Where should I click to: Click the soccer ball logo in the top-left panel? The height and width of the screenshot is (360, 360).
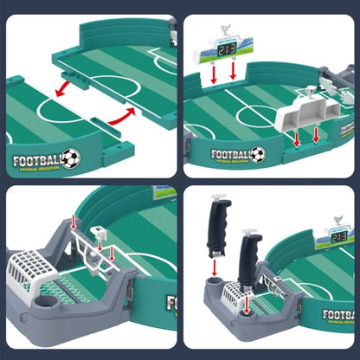click(x=71, y=158)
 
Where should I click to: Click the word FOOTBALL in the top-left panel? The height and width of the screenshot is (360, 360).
click(x=35, y=158)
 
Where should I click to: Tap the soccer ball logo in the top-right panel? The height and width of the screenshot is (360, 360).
click(x=257, y=154)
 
